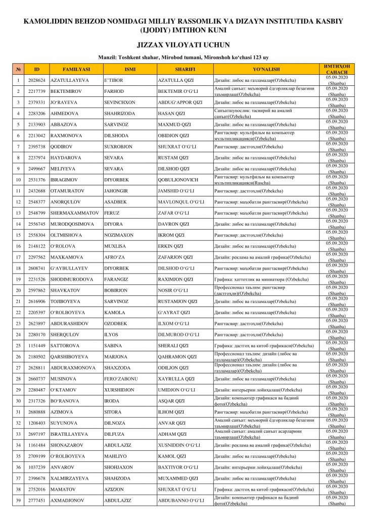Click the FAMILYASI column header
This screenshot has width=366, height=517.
pos(76,69)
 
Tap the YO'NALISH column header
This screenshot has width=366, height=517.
pos(266,69)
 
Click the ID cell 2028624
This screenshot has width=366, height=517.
pos(37,80)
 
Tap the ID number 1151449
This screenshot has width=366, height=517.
pos(37,346)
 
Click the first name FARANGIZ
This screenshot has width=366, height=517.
pos(117,279)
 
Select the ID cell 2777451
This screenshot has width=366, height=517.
pos(37,500)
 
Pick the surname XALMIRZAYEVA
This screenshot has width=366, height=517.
pos(70,478)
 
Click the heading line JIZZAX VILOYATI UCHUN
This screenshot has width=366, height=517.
pos(183,44)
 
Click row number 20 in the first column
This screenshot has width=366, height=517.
pos(18,290)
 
